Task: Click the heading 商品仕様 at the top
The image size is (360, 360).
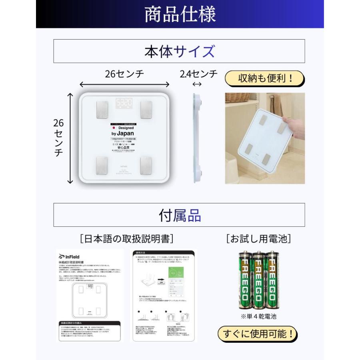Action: click(180, 14)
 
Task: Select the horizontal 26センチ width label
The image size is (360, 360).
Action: click(124, 74)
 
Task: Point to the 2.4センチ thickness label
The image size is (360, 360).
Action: click(198, 74)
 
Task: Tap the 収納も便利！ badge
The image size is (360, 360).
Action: click(264, 78)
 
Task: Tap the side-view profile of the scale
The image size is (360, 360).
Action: click(197, 138)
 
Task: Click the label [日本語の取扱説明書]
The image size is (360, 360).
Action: click(126, 239)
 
